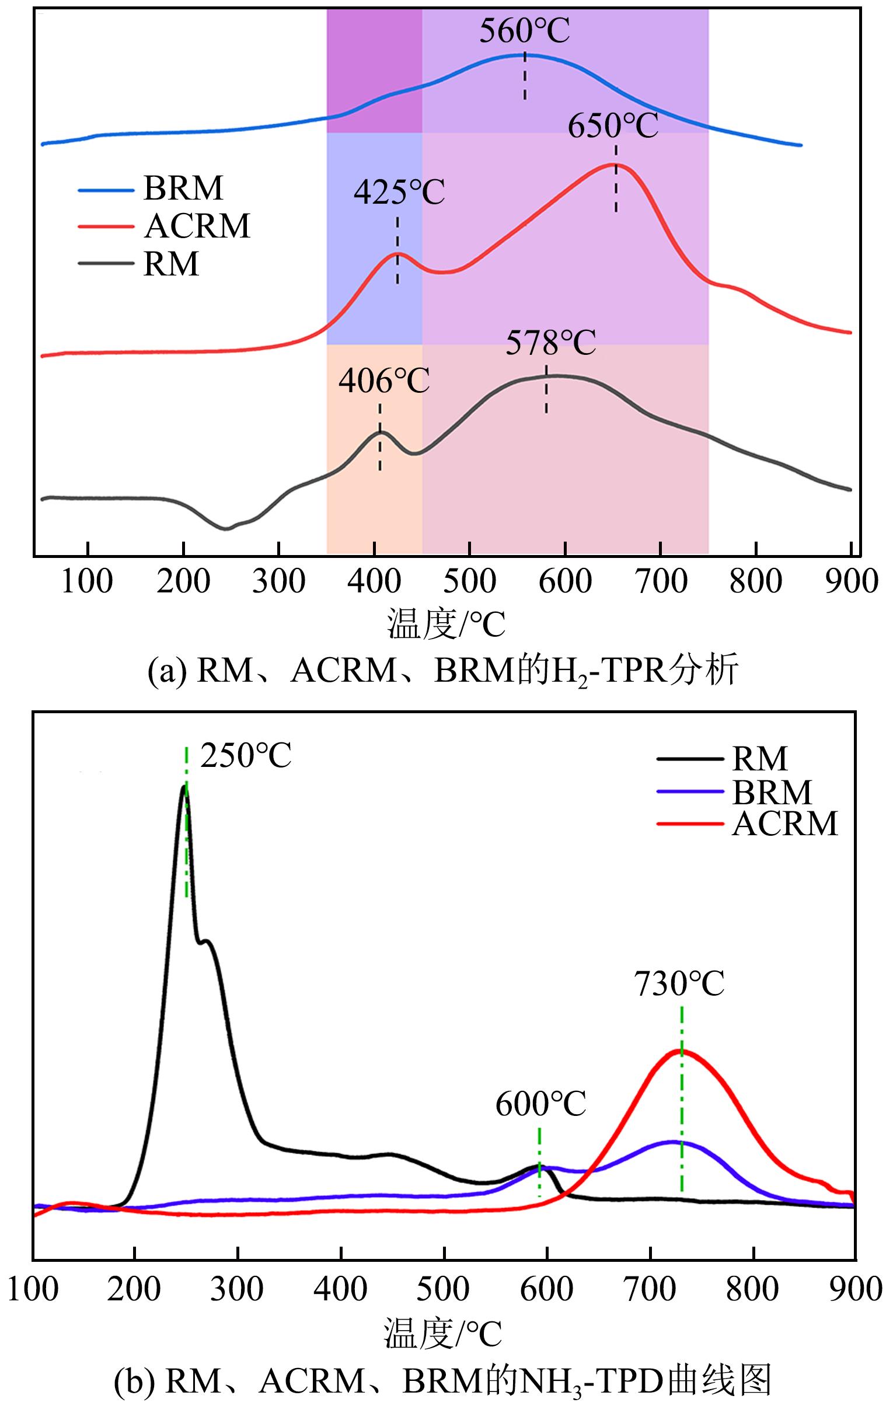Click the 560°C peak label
point(524,32)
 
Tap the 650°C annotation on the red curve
point(613,126)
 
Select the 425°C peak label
point(399,192)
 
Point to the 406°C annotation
point(383,381)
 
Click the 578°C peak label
point(550,343)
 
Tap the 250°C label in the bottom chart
point(245,756)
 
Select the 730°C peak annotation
point(679,983)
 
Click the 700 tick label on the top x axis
point(661,582)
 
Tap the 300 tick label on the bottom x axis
point(237,1289)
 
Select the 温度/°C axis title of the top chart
point(445,624)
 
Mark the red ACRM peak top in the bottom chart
point(681,1052)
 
